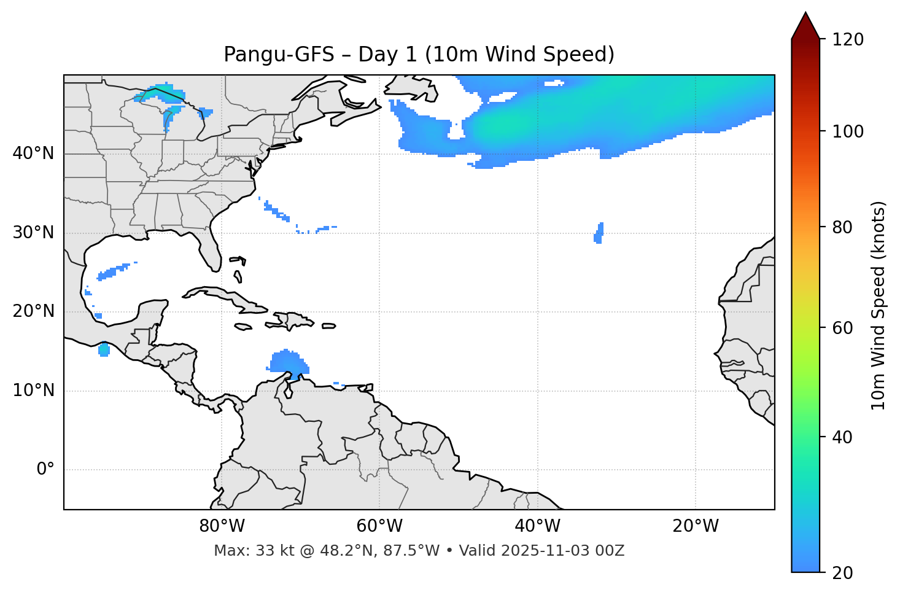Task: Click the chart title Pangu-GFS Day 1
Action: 419,55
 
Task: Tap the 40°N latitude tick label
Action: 33,154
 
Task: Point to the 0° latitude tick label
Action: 45,470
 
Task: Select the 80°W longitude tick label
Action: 222,526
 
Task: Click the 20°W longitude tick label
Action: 696,526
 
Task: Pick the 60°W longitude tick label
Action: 379,526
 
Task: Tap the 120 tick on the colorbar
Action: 848,40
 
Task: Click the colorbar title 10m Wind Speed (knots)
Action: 879,305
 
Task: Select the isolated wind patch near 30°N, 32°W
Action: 599,233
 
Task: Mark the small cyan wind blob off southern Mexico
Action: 104,350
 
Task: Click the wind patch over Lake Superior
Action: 157,93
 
